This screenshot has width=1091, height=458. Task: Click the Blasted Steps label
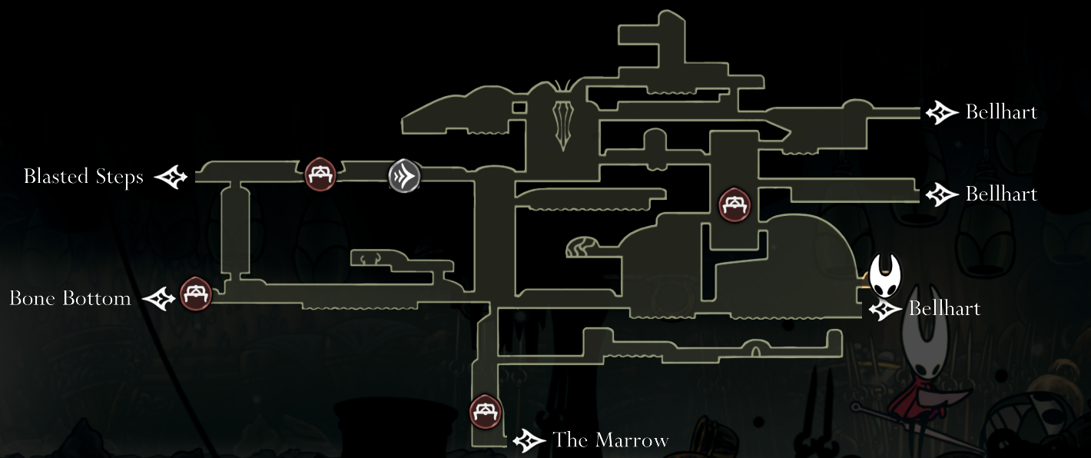83,178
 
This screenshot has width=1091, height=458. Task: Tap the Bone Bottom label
70,298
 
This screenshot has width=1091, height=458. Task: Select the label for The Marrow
610,440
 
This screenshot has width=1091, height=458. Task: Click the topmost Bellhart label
1001,113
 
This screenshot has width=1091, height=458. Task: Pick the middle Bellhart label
1001,194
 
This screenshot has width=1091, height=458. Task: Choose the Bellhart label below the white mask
944,309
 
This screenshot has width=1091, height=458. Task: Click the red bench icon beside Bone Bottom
196,294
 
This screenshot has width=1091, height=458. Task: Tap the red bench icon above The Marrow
486,412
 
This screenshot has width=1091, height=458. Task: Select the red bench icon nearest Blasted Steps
320,174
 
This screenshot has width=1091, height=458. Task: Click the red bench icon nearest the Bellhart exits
735,205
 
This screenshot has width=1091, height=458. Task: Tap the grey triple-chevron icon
404,176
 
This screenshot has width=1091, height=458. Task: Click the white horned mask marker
884,277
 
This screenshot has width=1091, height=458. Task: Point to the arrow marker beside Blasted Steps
171,178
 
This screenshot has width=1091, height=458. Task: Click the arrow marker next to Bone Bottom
160,298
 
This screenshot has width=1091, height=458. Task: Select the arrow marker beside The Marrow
529,440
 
